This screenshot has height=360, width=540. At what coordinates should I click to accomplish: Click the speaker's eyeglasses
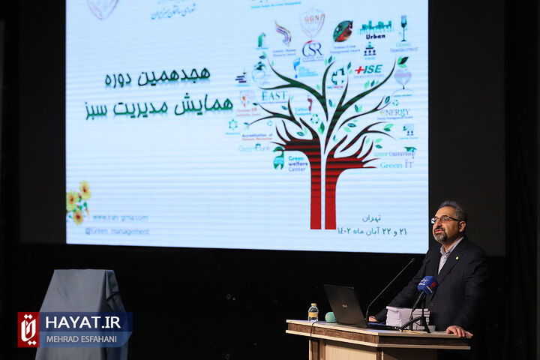point(444,220)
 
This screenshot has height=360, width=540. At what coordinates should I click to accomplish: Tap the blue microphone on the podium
point(426,285)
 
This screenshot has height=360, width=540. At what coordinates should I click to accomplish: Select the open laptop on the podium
point(343,306)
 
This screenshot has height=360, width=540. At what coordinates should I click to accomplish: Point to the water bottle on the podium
point(313,312)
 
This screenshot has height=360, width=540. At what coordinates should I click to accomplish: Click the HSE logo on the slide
point(369,69)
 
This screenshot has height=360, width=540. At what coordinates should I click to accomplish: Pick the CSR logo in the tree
point(312,49)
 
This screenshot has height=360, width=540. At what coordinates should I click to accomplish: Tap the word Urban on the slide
point(375,35)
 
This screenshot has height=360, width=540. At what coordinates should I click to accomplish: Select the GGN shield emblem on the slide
point(312,21)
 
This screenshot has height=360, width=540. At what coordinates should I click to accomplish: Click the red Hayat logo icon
point(29,329)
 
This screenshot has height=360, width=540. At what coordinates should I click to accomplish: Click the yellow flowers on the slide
point(78,202)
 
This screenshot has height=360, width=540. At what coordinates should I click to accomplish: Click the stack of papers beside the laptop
point(405,316)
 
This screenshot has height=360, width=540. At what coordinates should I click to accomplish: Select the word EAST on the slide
point(274,96)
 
